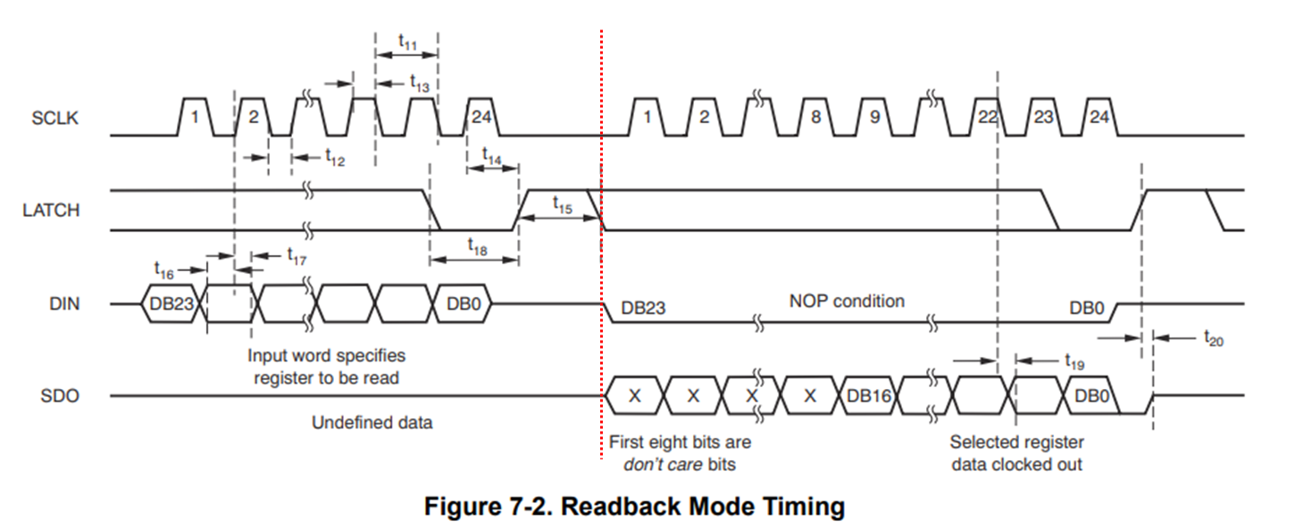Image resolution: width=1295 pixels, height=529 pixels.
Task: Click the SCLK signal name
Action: (x=54, y=118)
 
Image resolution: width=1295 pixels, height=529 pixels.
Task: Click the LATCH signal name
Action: (x=51, y=211)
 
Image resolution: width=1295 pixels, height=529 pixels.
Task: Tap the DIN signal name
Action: (x=64, y=304)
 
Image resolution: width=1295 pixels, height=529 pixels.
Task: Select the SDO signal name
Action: (x=60, y=395)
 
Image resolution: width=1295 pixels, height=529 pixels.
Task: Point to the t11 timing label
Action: (x=407, y=42)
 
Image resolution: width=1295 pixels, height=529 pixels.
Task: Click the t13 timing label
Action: (x=420, y=83)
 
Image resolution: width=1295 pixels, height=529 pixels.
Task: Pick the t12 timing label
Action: (x=335, y=157)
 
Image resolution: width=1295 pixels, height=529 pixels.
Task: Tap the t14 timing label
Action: (x=492, y=156)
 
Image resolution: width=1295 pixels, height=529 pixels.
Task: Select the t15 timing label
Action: (x=563, y=205)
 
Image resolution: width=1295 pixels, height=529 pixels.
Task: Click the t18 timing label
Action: (x=478, y=246)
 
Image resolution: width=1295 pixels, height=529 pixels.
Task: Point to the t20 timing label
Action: (x=1214, y=338)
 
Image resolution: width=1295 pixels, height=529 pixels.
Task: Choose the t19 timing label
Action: (x=1074, y=361)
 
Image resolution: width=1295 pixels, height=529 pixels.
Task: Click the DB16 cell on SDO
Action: (x=868, y=395)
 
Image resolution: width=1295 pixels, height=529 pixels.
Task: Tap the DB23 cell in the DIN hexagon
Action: (x=171, y=304)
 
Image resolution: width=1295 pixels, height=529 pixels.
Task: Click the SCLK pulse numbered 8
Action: (x=815, y=117)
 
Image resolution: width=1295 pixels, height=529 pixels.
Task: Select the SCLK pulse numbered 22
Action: (x=988, y=117)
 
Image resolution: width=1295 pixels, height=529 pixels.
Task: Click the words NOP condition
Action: (x=847, y=302)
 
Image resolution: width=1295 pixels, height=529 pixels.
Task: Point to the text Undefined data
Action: (x=372, y=423)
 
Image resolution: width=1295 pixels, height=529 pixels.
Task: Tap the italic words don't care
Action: (x=663, y=465)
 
